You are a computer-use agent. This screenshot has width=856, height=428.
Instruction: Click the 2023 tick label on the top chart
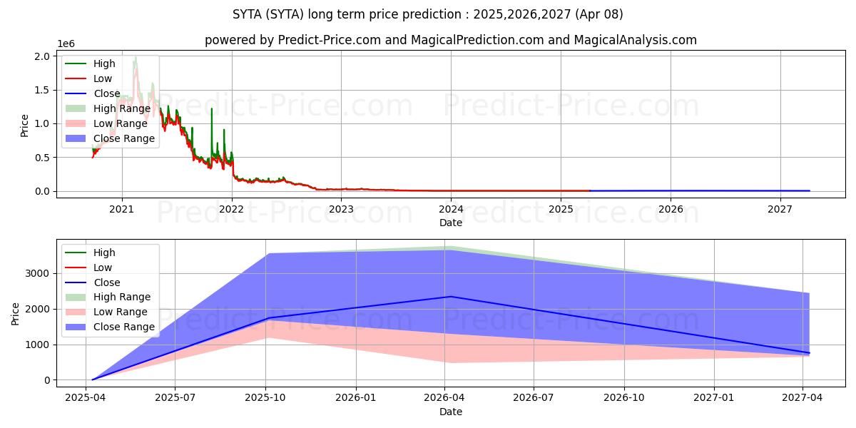point(341,210)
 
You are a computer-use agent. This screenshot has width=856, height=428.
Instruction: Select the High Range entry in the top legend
point(122,108)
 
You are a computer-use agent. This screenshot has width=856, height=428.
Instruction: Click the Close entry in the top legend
point(107,93)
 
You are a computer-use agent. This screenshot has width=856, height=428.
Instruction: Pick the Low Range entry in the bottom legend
point(121,312)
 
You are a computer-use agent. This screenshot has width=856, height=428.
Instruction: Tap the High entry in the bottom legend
point(104,253)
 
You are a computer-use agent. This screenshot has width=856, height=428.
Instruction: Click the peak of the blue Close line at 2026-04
point(450,297)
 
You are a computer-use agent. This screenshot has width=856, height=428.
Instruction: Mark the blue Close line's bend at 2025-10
point(268,318)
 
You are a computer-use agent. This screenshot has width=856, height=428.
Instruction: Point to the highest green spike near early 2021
point(135,57)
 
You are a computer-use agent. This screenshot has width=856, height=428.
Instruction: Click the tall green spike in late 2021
point(211,108)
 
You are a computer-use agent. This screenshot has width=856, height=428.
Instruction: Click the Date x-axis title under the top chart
point(450,223)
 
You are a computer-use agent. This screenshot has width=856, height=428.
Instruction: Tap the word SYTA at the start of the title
point(247,14)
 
